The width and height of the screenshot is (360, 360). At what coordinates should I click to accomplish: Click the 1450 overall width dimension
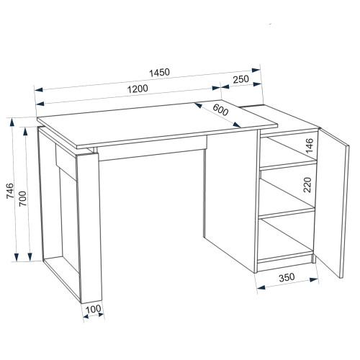[x=159, y=72]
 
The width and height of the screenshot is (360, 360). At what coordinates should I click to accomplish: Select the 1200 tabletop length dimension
[x=138, y=89]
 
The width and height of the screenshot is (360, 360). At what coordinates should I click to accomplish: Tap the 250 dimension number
[x=241, y=79]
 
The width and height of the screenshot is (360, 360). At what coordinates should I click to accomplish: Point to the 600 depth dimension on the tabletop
[x=220, y=110]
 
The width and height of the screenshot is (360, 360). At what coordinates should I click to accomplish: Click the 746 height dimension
[x=10, y=191]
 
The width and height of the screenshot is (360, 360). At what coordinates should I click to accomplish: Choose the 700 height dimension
[x=23, y=199]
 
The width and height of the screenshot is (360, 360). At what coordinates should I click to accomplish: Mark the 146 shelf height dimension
[x=310, y=145]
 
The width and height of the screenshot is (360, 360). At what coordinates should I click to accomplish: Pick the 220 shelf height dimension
[x=307, y=185]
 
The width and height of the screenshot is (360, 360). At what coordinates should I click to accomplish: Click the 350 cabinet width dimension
[x=287, y=277]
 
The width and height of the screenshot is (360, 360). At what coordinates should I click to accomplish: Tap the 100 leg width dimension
[x=93, y=309]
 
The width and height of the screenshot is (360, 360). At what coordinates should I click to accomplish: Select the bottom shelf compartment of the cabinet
[x=286, y=239]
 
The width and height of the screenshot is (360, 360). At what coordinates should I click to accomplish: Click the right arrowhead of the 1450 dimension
[x=256, y=70]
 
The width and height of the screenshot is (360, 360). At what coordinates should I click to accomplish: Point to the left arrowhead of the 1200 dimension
[x=40, y=104]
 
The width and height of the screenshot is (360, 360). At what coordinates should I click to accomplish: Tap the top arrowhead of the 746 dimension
[x=12, y=122]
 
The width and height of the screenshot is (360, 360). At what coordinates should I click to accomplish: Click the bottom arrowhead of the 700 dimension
[x=30, y=257]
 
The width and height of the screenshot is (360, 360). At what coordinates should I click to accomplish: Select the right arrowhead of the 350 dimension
[x=314, y=280]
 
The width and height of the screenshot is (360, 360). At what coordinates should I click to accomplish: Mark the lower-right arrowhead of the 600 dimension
[x=237, y=125]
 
